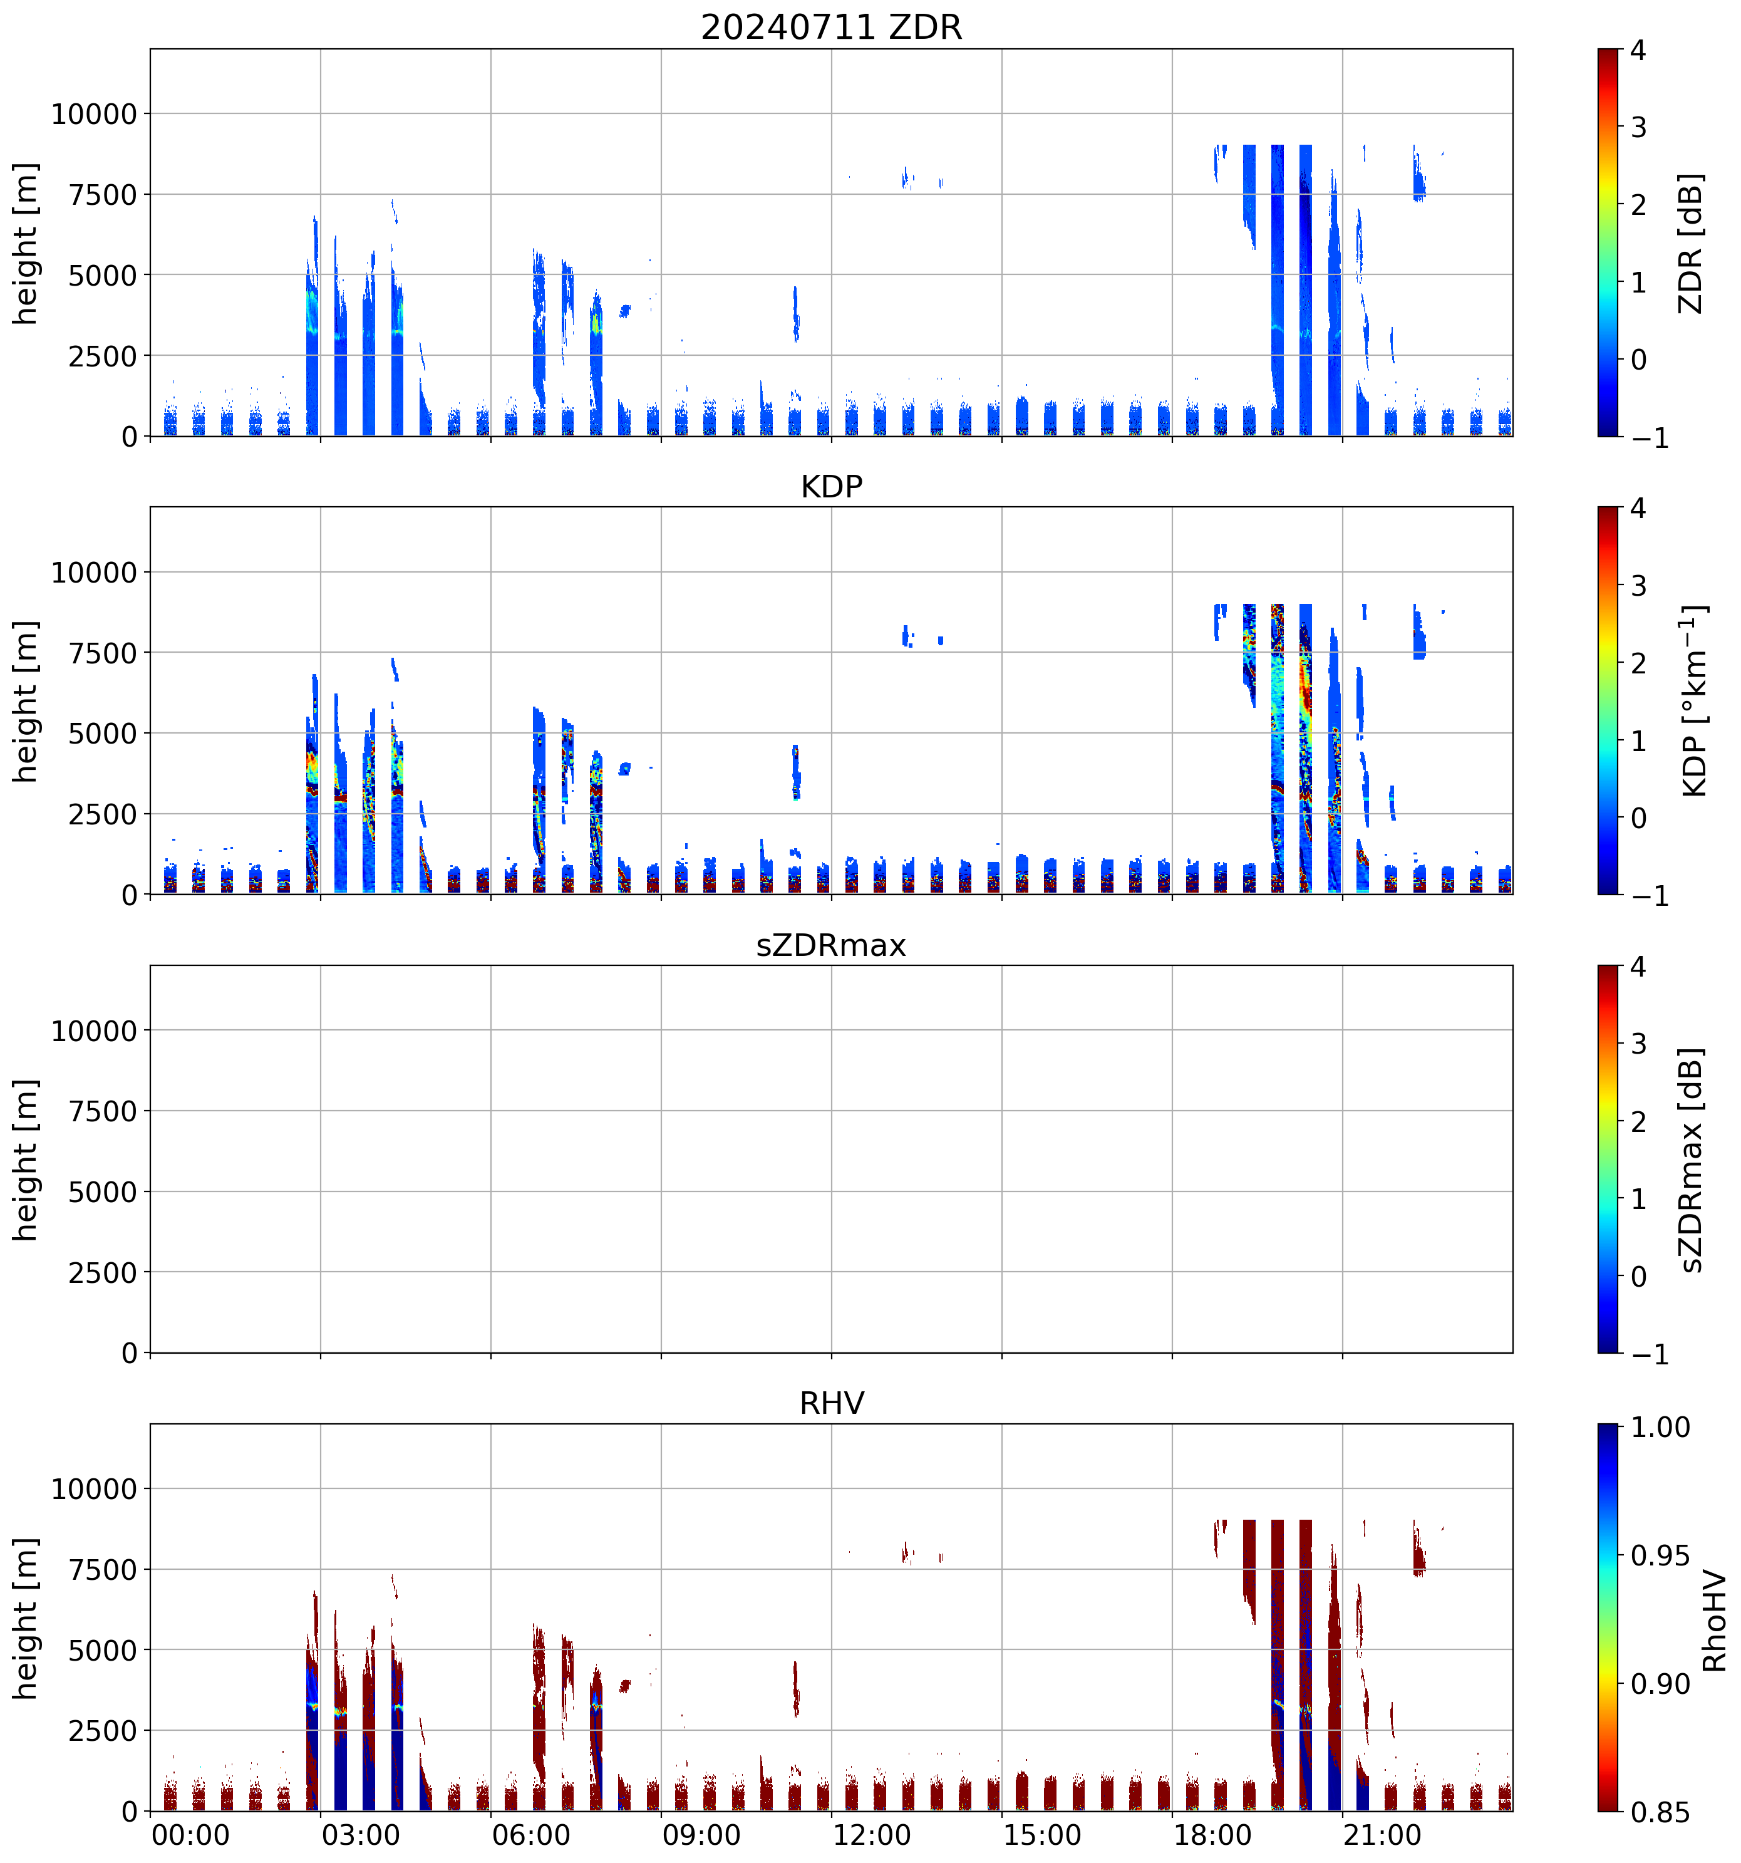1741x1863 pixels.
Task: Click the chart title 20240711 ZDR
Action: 831,27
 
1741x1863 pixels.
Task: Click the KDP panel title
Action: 831,486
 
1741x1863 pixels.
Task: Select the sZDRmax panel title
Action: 831,945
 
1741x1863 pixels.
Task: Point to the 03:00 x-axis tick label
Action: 361,1835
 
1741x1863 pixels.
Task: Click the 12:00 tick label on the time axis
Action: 871,1835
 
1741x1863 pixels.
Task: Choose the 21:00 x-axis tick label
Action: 1383,1835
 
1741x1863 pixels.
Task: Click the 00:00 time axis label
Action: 190,1835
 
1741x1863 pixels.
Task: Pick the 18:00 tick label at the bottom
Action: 1212,1835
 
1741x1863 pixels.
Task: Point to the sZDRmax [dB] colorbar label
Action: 1690,1160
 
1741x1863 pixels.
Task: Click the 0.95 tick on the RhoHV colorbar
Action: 1660,1555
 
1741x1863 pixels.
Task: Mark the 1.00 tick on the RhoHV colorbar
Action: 1660,1427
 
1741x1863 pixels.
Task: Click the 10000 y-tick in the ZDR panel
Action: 94,115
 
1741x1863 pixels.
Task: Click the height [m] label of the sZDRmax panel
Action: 26,1160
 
